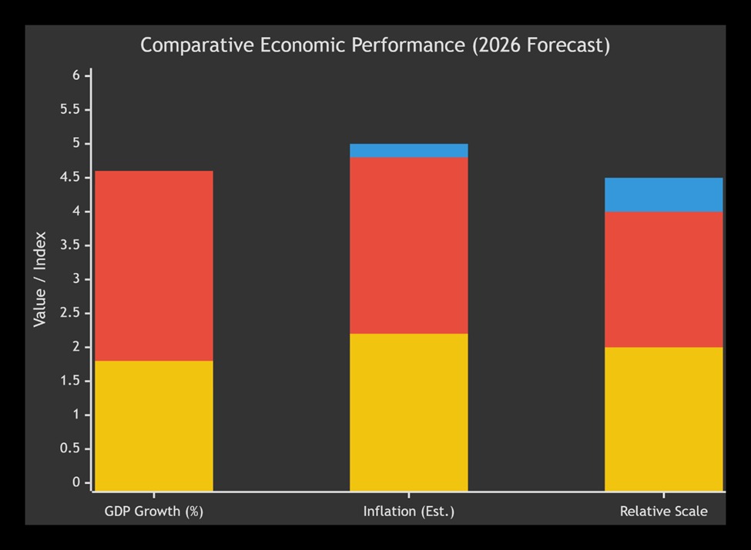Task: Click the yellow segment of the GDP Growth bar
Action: [153, 425]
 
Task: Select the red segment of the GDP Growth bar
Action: [153, 265]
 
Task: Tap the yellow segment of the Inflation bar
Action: [408, 412]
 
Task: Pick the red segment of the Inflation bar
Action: [408, 245]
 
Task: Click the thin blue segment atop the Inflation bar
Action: [408, 150]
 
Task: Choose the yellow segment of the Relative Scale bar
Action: [663, 418]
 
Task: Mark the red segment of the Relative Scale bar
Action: [663, 278]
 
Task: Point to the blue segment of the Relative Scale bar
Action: [663, 195]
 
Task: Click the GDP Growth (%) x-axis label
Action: [153, 512]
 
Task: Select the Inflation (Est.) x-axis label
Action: [408, 512]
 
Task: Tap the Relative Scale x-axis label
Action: [663, 512]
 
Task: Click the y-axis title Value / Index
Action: [40, 278]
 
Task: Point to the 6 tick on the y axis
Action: [76, 75]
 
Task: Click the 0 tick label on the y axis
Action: [76, 482]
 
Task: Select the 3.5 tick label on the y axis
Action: [70, 245]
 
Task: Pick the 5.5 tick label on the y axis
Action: [70, 109]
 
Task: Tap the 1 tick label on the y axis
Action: [76, 415]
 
